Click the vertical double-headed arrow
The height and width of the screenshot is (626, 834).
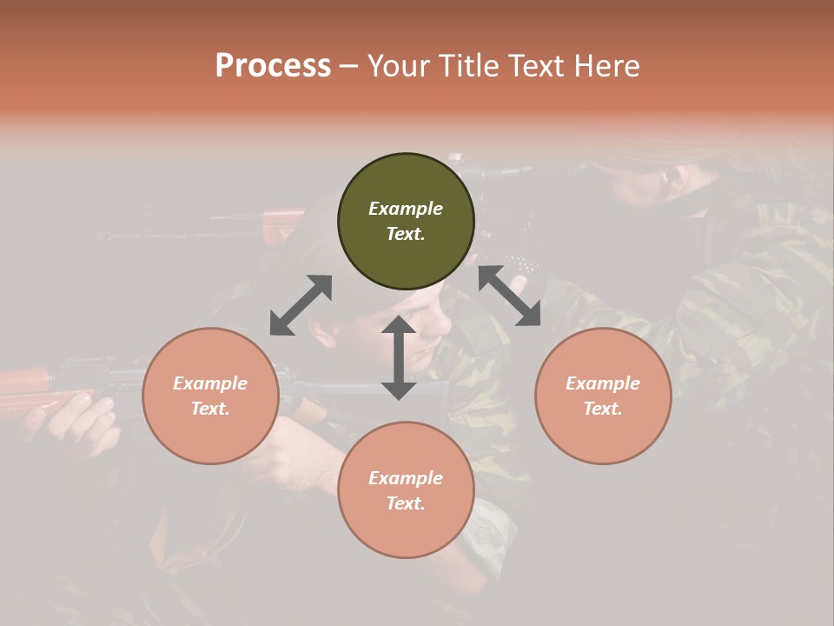[399, 357]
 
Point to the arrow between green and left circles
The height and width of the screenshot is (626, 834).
[301, 305]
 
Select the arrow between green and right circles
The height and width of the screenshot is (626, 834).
[510, 296]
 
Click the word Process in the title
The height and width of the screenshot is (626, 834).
[273, 65]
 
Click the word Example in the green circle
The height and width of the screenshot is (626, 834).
[406, 209]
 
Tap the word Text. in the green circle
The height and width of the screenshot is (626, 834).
[406, 234]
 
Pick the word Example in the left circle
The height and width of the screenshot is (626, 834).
[210, 383]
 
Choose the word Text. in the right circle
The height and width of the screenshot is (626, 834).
[603, 409]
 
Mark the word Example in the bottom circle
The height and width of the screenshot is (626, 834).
[406, 478]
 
